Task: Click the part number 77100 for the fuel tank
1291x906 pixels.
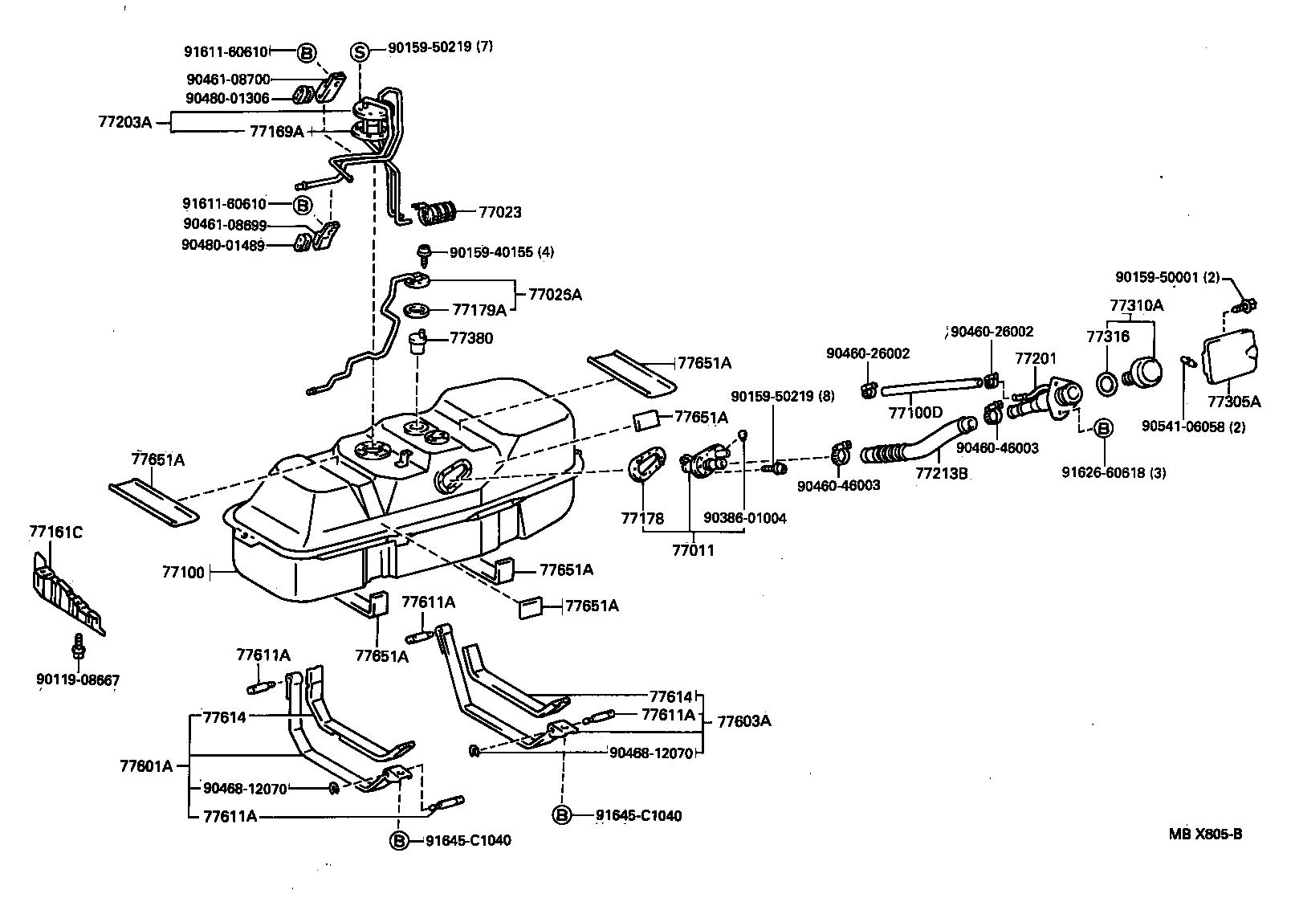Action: click(184, 573)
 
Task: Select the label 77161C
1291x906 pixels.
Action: click(56, 532)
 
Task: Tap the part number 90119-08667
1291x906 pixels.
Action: click(78, 680)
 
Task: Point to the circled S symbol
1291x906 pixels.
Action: click(360, 52)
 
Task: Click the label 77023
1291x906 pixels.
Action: click(500, 213)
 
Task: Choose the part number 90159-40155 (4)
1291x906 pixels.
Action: click(501, 252)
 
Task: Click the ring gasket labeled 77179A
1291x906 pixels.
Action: click(418, 309)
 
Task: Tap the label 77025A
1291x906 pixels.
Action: click(555, 295)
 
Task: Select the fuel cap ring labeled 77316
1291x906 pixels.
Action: click(1106, 383)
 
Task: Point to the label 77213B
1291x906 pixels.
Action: click(942, 473)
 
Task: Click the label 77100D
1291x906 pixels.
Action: click(915, 413)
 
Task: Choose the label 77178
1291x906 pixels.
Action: click(642, 518)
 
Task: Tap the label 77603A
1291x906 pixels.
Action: click(743, 720)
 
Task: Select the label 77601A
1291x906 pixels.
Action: click(146, 765)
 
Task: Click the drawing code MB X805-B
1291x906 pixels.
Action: click(1205, 834)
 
